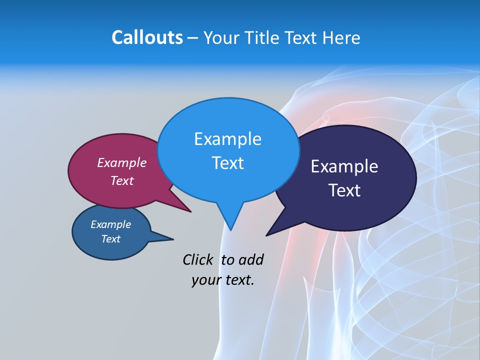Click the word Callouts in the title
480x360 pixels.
point(147,37)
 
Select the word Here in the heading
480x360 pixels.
point(341,37)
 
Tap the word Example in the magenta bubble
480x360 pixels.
point(122,162)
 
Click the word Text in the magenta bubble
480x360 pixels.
point(122,180)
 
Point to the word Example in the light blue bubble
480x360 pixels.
point(227,139)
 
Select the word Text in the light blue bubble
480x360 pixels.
point(227,163)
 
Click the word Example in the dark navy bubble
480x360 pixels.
point(344,166)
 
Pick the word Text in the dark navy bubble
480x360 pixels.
point(344,190)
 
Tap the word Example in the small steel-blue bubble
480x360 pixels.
point(110,224)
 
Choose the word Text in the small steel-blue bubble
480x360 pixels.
point(110,239)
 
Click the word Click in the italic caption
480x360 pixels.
point(198,259)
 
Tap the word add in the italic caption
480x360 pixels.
point(251,259)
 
